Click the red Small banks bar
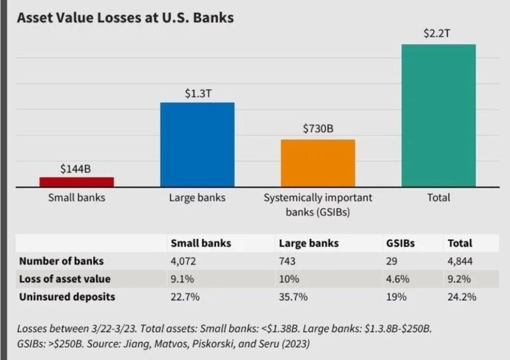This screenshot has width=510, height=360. coord(76,182)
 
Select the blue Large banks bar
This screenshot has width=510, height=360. coord(197,144)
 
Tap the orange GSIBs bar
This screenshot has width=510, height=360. coord(318,163)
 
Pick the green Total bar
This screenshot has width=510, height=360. coord(439,115)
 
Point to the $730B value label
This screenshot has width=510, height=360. coord(318,128)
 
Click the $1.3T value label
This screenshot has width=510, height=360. coord(197,94)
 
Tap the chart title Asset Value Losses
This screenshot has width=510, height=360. coord(125,18)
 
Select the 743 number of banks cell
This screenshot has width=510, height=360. coord(287,261)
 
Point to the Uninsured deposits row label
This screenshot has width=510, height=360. coord(67,296)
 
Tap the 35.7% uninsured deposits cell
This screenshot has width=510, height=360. coord(293,296)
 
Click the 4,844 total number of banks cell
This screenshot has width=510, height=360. coord(460,261)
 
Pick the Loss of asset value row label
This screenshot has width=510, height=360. coord(65,279)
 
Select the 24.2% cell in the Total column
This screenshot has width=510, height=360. coord(462,296)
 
